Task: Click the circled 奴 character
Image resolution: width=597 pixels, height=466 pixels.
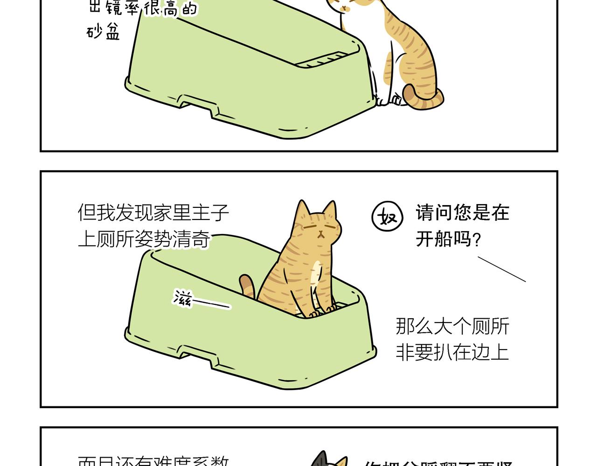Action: pyautogui.click(x=387, y=217)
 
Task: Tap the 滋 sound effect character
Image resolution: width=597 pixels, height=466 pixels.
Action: pyautogui.click(x=182, y=299)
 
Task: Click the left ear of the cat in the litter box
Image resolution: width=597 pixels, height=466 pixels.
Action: pyautogui.click(x=302, y=210)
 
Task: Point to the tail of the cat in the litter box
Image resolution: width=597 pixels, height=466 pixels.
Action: pyautogui.click(x=247, y=285)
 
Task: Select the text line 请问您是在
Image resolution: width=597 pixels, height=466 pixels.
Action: pyautogui.click(x=462, y=213)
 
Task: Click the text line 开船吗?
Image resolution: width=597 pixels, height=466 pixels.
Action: pyautogui.click(x=448, y=240)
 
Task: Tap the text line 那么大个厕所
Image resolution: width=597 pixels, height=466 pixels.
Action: pyautogui.click(x=452, y=326)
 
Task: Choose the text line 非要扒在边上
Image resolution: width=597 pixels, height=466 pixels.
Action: pyautogui.click(x=452, y=352)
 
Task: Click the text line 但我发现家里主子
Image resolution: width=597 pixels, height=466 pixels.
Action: pyautogui.click(x=153, y=212)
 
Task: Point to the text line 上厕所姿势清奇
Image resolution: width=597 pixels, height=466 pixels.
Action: pyautogui.click(x=144, y=240)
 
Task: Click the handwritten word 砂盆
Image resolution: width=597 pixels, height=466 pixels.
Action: pyautogui.click(x=104, y=32)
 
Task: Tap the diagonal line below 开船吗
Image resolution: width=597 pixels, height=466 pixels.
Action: pyautogui.click(x=501, y=269)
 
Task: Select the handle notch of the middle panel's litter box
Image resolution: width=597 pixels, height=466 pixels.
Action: pyautogui.click(x=198, y=353)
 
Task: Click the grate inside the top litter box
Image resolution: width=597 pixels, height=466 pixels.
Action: pyautogui.click(x=324, y=61)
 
